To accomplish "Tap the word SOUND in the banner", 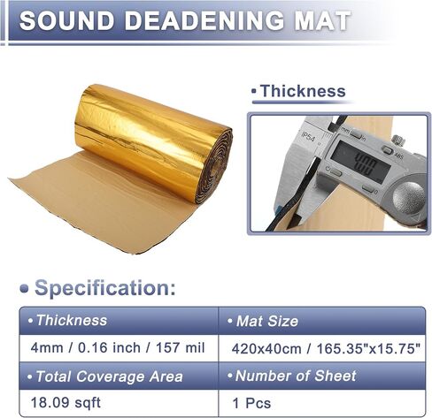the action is pyautogui.click(x=67, y=20).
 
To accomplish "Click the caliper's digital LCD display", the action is pyautogui.click(x=360, y=161).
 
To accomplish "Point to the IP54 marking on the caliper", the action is pyautogui.click(x=308, y=136).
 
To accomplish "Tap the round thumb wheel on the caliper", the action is pyautogui.click(x=409, y=197).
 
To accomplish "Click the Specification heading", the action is pyautogui.click(x=105, y=287).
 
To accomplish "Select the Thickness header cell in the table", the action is pyautogui.click(x=119, y=321).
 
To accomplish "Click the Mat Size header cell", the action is pyautogui.click(x=322, y=321).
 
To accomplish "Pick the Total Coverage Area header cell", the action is pyautogui.click(x=119, y=376).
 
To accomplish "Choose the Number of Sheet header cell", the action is pyautogui.click(x=322, y=376).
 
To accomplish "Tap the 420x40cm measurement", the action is pyautogui.click(x=266, y=349).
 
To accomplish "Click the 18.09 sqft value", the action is pyautogui.click(x=66, y=403).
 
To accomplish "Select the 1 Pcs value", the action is pyautogui.click(x=251, y=403).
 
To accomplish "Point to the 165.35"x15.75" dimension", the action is pyautogui.click(x=368, y=349).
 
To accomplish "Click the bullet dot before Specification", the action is pyautogui.click(x=24, y=289).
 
